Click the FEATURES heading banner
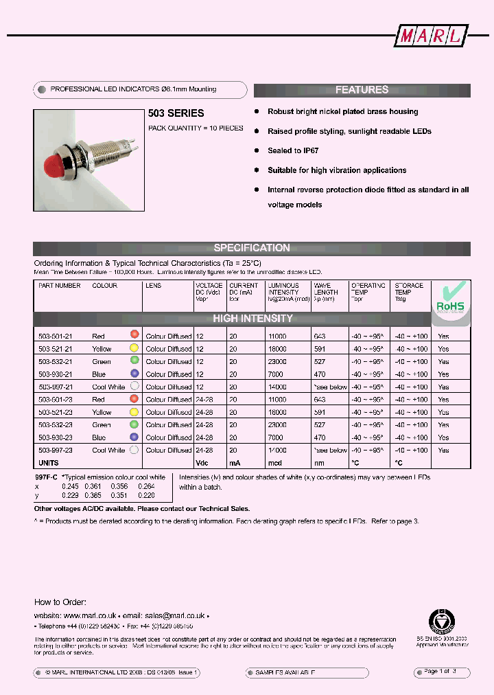coord(362,90)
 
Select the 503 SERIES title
coord(176,113)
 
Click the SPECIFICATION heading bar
coord(252,248)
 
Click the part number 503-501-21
coord(54,337)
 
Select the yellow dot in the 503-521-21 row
coord(134,348)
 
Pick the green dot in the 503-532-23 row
coord(134,424)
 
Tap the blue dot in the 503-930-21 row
coord(134,374)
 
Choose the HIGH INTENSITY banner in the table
coord(252,319)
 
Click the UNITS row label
coord(49,464)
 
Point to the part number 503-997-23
coord(54,451)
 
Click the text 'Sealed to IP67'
coord(293,150)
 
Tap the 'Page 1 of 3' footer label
coord(440,671)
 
